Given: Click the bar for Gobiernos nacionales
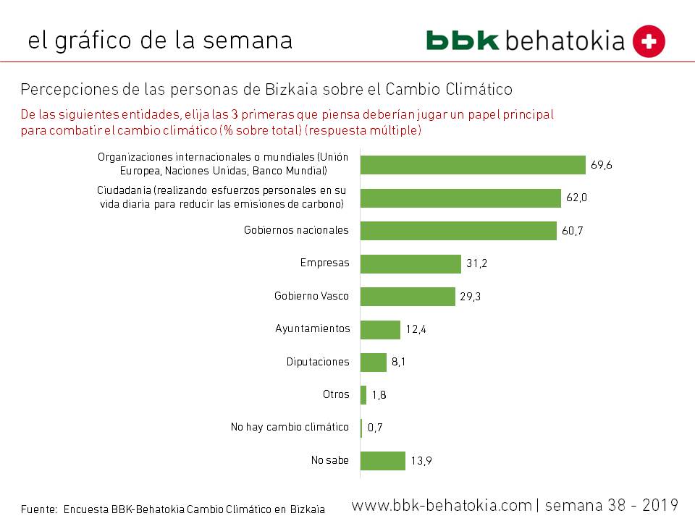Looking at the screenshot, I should pos(458,231).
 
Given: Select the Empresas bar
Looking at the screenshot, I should pos(410,264).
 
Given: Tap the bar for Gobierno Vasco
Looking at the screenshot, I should pos(408,297).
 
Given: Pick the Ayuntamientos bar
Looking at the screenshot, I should pos(380,330).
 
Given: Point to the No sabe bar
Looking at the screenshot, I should pos(383,461).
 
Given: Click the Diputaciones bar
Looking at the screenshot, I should pos(374,363).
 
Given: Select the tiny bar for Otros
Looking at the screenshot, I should pos(363,395).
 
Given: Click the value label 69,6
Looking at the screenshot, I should pos(602,165).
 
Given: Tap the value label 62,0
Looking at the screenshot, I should pos(577,198).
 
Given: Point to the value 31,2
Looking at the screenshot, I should pos(476,264).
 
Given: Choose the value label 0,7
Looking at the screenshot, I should pos(375,428).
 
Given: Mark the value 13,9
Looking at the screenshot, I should pos(421,461).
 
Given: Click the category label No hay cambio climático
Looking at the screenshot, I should pos(290,427).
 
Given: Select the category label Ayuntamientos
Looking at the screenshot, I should pos(313,329).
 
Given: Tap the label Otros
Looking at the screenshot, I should pos(336,394).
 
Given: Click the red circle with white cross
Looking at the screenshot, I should pos(649,41).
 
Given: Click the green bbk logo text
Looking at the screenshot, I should pos(463,41).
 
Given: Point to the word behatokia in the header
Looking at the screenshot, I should pos(565,41).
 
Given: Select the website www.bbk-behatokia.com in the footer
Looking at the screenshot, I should pos(442,504).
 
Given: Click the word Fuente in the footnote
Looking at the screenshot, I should pos(38,509).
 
